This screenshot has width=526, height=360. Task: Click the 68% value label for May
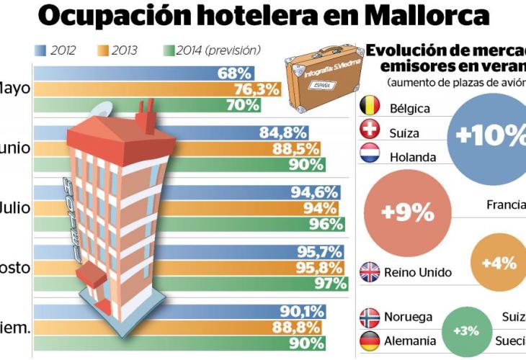(233, 73)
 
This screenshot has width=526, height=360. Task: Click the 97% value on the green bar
(331, 283)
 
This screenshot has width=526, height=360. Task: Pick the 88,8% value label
(303, 328)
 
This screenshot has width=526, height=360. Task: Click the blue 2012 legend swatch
(40, 50)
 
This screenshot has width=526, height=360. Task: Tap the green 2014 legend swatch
(170, 50)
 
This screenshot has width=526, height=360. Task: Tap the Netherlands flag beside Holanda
(370, 156)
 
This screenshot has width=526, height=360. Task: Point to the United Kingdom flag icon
(370, 272)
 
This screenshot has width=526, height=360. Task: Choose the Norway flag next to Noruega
(370, 317)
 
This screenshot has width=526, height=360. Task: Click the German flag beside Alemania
(370, 341)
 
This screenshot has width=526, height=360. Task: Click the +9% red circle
(408, 213)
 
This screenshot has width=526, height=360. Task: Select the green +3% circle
(465, 331)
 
